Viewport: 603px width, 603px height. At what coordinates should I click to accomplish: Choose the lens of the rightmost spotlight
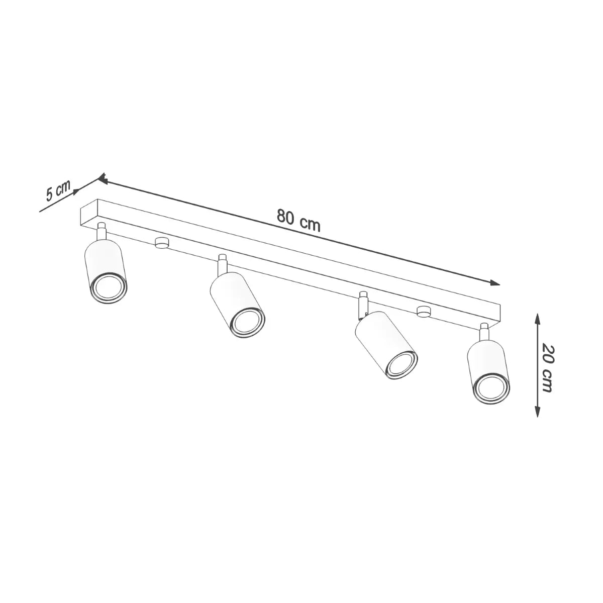tap(490, 388)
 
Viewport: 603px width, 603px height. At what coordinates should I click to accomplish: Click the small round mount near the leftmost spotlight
tap(162, 242)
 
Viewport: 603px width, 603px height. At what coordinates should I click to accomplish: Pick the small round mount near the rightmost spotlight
tap(424, 312)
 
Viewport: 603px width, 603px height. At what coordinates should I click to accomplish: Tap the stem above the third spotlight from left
tap(363, 304)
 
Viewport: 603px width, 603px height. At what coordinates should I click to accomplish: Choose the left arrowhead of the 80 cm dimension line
tap(102, 178)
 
